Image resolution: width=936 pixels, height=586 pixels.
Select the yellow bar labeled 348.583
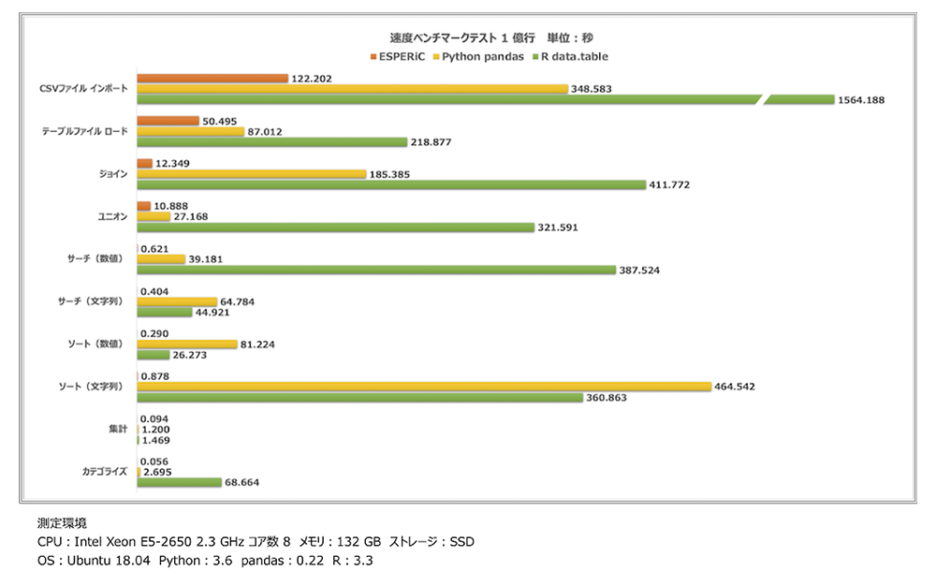click(352, 88)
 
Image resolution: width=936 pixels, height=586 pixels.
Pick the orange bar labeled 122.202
click(212, 78)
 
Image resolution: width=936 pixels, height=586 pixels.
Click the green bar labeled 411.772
click(391, 184)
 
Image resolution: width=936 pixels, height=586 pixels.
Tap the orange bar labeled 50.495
click(168, 121)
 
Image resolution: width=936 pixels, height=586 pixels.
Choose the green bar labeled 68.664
click(178, 482)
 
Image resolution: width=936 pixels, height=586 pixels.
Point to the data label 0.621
click(154, 248)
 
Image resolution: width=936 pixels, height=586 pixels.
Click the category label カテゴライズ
click(104, 472)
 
